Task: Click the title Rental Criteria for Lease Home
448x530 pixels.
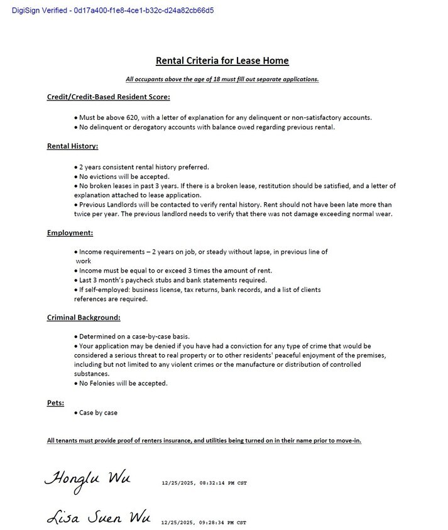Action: pos(222,61)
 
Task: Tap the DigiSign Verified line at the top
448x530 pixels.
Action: pos(113,11)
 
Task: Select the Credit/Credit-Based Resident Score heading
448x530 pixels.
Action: pos(108,97)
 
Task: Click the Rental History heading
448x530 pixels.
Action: pos(72,146)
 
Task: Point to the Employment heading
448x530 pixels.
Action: pos(70,233)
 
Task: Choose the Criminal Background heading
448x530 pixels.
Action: pos(84,318)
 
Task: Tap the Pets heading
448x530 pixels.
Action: pos(55,402)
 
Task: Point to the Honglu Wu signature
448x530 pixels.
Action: pos(87,478)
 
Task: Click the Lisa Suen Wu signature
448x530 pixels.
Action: pos(98,517)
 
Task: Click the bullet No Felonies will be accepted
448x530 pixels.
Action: pos(123,383)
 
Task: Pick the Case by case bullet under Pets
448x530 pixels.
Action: pos(98,413)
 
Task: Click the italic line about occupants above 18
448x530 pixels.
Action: pos(222,79)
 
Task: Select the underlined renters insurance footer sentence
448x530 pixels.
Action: pos(204,440)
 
